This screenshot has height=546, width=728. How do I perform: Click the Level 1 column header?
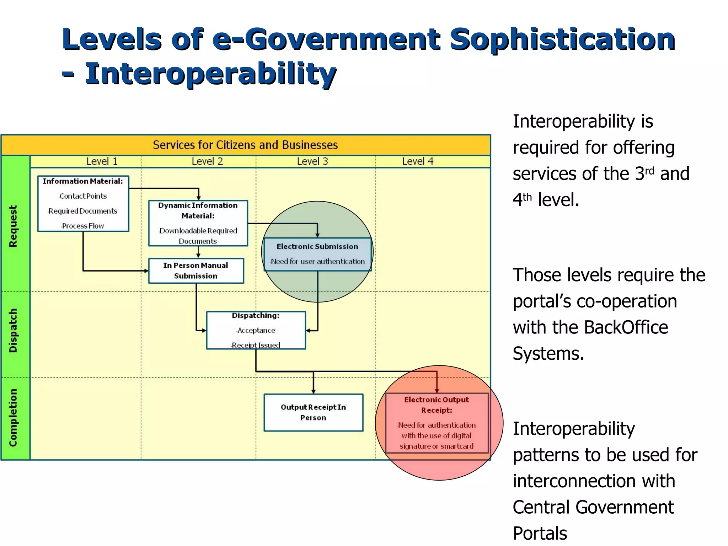pos(102,161)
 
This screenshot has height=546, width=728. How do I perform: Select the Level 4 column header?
pos(418,161)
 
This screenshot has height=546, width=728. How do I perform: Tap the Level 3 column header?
pos(312,161)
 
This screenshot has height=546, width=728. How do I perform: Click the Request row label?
pos(13,226)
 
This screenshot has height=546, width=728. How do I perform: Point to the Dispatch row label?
pos(13,331)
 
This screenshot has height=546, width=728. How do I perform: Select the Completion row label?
pos(13,418)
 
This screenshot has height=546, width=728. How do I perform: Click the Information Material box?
pos(83,203)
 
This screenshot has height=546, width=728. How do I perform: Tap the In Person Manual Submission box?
pos(196,271)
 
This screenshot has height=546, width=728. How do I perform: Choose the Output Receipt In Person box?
pos(313,412)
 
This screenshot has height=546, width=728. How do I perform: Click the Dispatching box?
pos(256,330)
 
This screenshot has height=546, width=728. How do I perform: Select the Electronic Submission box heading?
pos(317,247)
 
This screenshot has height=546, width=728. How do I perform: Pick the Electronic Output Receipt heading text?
pos(437,405)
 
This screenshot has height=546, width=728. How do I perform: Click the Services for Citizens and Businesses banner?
pos(245,145)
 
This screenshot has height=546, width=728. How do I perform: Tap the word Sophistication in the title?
pos(562,39)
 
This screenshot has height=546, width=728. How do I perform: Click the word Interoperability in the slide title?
pos(210,74)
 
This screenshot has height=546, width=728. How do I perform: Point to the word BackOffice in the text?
pos(626,327)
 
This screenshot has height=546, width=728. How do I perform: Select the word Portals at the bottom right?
pos(540,533)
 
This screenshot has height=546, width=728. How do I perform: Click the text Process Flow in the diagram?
pos(83,226)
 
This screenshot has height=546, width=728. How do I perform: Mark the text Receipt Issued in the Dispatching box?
pos(256,345)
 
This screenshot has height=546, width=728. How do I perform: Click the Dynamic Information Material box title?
pos(198,210)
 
